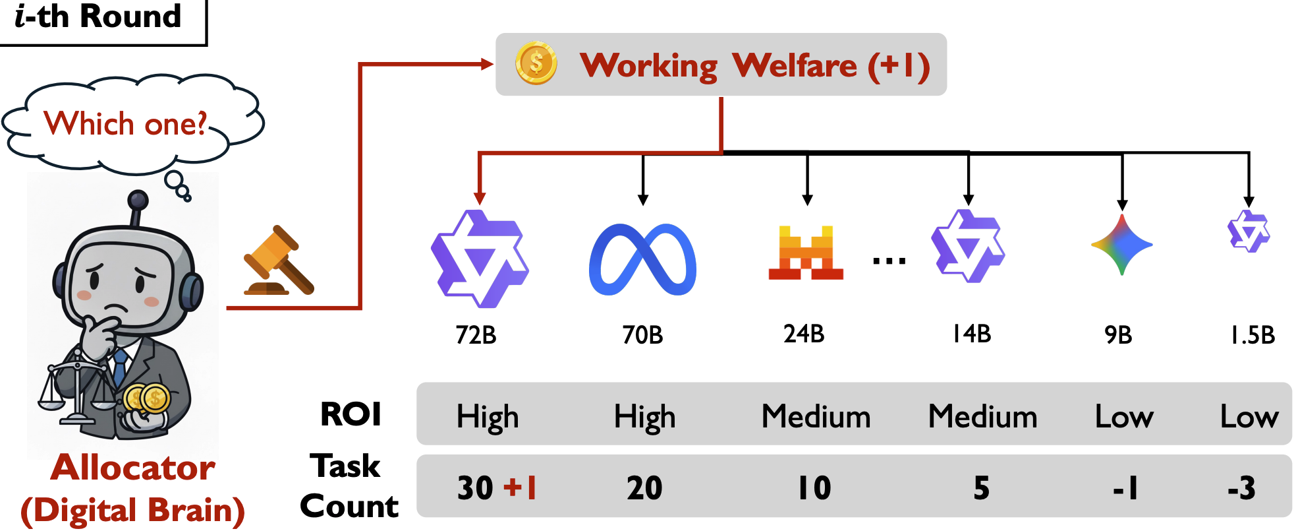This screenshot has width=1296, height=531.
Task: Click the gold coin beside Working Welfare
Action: click(536, 63)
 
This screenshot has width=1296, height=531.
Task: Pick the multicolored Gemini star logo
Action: click(1121, 245)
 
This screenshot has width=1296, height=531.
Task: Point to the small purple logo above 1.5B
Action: click(1248, 232)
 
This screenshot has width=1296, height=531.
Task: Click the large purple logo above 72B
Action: click(480, 259)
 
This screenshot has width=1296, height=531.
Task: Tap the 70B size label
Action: click(642, 335)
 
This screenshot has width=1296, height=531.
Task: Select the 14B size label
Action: click(971, 334)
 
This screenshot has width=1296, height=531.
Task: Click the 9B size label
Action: click(1118, 335)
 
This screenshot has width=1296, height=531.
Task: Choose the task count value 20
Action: click(644, 488)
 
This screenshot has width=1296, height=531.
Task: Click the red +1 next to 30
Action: click(521, 488)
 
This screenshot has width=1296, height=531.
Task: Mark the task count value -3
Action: click(1241, 489)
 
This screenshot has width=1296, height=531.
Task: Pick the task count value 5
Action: click(981, 488)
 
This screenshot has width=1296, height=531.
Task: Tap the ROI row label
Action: click(351, 414)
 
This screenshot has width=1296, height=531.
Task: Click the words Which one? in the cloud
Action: click(125, 123)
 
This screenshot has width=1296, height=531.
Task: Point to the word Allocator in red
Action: click(133, 468)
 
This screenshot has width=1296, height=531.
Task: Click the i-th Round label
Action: click(98, 16)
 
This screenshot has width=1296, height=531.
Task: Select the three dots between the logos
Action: click(889, 261)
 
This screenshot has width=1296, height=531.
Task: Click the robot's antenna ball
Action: click(138, 199)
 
